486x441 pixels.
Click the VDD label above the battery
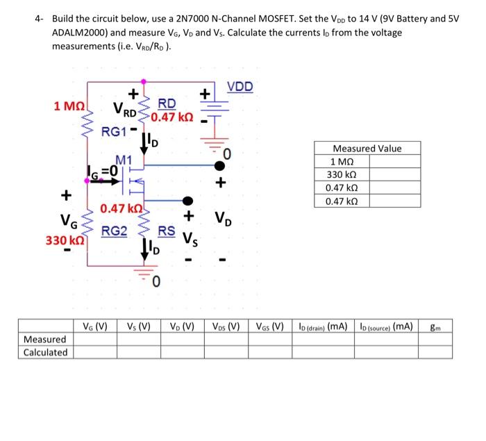[240, 87]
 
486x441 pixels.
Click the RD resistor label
[167, 103]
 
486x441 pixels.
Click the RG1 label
[115, 131]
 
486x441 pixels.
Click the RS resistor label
[167, 232]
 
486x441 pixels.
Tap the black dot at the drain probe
[219, 165]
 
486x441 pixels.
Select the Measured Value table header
[367, 149]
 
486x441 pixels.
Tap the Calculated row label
[45, 352]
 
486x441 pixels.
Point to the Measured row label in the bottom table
[45, 339]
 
